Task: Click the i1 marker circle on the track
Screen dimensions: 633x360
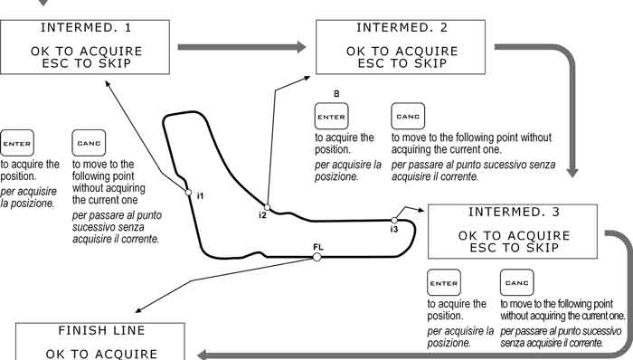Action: [x=188, y=193]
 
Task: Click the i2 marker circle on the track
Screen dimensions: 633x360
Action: [x=267, y=207]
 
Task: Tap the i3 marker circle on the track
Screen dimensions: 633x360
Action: [x=394, y=221]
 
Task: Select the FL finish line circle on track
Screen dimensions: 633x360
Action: [x=316, y=257]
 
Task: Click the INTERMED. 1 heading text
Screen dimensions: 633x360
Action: [x=86, y=28]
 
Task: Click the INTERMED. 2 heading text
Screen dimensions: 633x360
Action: [x=402, y=28]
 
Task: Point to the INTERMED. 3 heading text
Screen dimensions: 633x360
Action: [x=514, y=213]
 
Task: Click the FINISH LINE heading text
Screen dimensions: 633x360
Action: [x=101, y=330]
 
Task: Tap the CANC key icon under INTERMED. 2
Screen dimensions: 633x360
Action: [x=408, y=117]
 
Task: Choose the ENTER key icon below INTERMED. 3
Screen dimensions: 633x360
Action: [x=444, y=283]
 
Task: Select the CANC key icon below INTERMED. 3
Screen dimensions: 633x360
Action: [x=516, y=283]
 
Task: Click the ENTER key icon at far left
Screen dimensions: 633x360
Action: [x=17, y=143]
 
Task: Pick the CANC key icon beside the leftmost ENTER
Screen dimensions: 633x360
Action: [x=89, y=143]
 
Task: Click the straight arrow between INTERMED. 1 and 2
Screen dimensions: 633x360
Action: [x=241, y=47]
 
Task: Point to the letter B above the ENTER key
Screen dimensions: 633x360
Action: [x=336, y=94]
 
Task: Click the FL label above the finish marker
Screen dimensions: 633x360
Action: [x=318, y=247]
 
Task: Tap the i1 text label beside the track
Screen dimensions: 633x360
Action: [x=200, y=196]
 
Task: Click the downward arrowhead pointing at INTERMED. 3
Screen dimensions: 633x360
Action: [x=572, y=173]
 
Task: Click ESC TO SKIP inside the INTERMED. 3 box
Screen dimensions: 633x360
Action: [x=514, y=248]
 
